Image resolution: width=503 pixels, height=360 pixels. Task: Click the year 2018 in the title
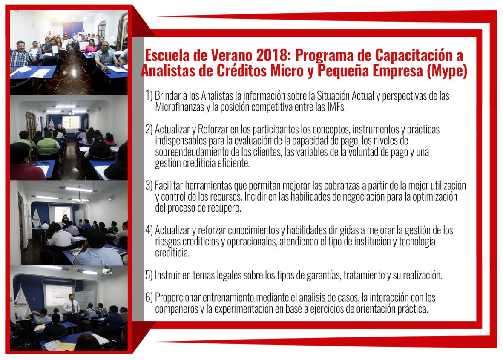point(273,55)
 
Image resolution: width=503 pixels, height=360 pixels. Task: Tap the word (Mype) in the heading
point(447,71)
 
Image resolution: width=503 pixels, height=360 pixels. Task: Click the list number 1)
point(149,95)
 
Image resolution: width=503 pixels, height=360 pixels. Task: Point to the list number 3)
point(149,185)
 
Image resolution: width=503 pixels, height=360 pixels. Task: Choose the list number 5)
point(149,275)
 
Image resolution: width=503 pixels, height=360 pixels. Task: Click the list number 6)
point(149,298)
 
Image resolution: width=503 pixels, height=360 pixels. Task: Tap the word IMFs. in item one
point(336,107)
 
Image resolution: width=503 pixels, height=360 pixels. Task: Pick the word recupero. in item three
point(224,208)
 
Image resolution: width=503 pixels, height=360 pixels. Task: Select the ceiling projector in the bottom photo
point(104,271)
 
